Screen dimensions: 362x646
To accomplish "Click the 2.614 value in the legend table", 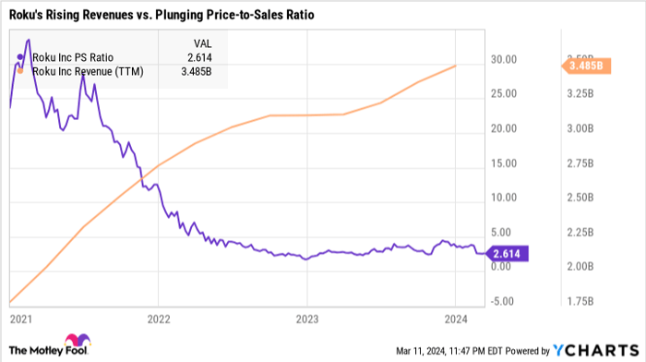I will [x=201, y=56].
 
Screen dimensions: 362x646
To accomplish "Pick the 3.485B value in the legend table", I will [x=197, y=70].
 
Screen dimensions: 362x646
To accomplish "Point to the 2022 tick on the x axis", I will [x=158, y=319].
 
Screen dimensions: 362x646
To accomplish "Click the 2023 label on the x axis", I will [x=306, y=319].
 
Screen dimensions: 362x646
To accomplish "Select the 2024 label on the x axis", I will [x=455, y=319].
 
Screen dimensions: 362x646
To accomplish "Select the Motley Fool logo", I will [x=47, y=345].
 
